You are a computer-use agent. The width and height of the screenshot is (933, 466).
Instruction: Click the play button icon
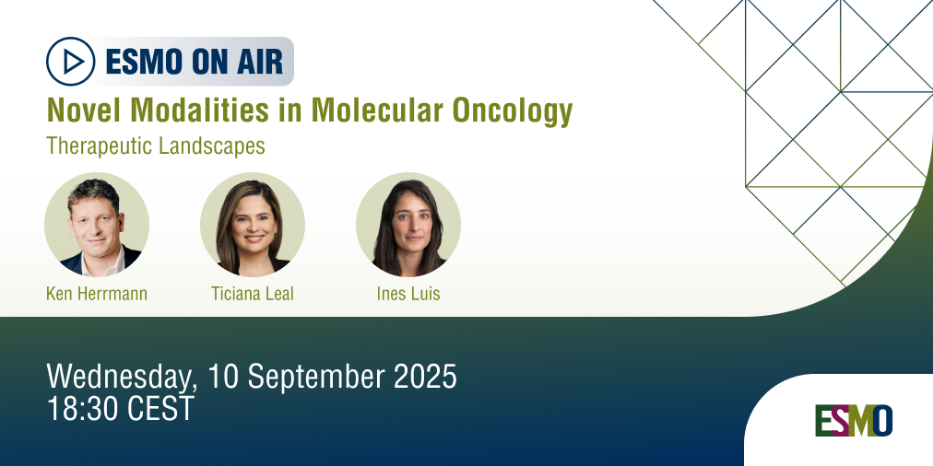72,62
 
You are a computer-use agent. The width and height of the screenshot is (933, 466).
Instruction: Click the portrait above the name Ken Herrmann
97,225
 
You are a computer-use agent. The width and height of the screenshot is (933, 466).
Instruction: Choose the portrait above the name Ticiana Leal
253,225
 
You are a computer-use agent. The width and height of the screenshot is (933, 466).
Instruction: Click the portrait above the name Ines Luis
408,225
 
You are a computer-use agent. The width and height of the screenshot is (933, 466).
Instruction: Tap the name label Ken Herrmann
97,295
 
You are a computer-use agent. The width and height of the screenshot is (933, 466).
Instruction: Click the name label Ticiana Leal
252,295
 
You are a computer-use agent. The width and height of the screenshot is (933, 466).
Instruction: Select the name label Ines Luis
408,295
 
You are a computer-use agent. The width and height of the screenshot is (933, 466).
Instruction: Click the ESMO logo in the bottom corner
853,421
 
